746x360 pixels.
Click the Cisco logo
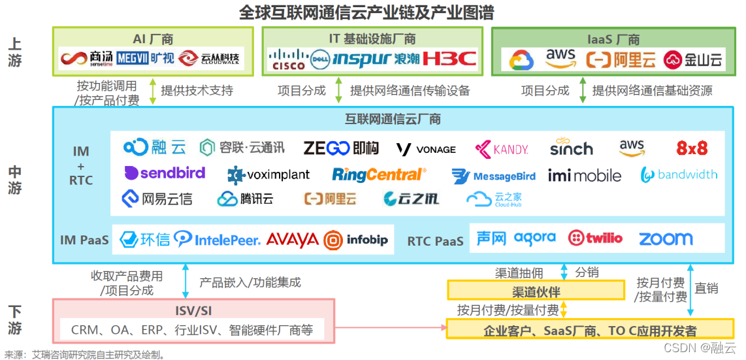[x=288, y=59]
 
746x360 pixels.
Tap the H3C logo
[x=449, y=59]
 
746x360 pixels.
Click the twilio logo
[x=595, y=238]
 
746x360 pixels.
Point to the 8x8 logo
[x=692, y=148]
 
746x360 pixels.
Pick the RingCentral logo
[x=379, y=174]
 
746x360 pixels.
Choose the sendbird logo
[x=165, y=173]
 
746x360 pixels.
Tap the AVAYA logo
[x=292, y=240]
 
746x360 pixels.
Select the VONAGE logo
[x=426, y=149]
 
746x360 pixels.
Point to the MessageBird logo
[x=494, y=176]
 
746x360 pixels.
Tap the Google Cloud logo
[x=522, y=60]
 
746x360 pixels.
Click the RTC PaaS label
[x=435, y=241]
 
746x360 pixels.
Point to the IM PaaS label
[x=84, y=240]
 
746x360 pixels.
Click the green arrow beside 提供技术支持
[x=152, y=91]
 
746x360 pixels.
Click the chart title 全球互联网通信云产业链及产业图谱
[x=366, y=12]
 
